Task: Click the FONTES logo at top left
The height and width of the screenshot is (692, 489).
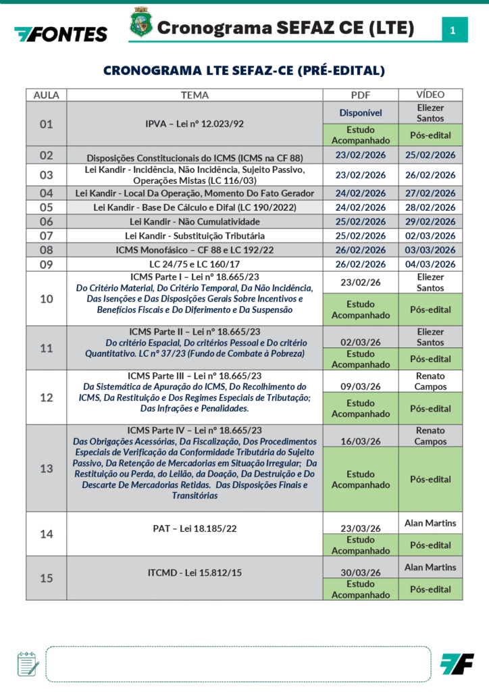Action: point(61,34)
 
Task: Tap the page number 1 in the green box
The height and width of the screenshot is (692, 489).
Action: point(453,30)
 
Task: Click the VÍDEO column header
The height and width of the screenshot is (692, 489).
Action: point(430,95)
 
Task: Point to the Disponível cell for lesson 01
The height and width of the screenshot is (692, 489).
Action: point(361,113)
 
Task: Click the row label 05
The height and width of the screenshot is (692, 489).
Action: point(46,207)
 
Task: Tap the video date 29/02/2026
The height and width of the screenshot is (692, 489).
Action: point(430,222)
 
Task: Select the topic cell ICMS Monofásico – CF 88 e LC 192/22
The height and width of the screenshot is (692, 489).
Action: point(195,250)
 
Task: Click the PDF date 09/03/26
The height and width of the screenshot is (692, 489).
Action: point(361,389)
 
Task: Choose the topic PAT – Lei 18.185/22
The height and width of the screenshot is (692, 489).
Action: point(195,528)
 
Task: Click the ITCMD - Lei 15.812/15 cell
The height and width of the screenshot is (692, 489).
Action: point(195,573)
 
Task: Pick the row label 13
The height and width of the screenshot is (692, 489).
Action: point(46,468)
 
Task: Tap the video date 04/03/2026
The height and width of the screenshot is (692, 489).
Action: point(430,264)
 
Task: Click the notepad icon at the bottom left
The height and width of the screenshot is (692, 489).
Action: point(28,664)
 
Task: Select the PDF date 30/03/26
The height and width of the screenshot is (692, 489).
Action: point(361,572)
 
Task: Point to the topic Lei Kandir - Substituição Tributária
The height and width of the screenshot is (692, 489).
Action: point(195,236)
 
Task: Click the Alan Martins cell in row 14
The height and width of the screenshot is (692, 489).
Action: point(430,522)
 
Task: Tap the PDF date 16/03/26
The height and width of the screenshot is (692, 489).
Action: point(361,441)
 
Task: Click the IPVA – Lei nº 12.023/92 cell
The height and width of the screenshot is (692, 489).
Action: point(195,124)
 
